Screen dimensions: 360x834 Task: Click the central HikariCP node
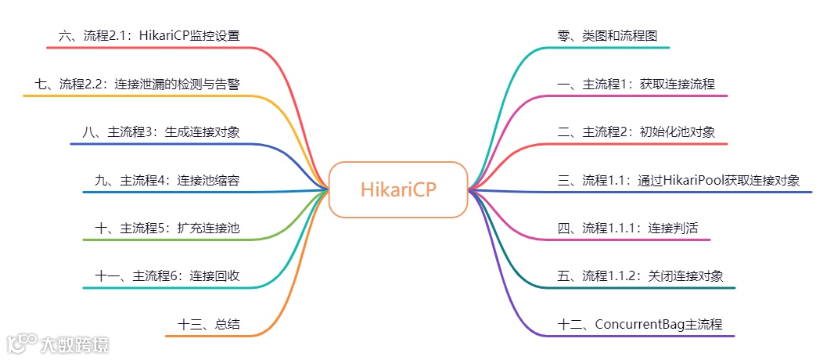397,189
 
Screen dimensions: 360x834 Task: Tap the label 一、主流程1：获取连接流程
635,85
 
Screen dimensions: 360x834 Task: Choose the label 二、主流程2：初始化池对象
635,132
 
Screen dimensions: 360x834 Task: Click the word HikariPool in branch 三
700,181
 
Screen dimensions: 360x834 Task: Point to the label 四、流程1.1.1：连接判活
627,229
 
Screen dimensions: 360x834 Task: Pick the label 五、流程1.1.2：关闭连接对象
639,276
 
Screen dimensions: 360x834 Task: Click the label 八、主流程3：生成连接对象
160,132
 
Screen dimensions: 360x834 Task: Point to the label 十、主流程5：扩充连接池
167,229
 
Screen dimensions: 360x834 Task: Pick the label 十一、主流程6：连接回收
167,276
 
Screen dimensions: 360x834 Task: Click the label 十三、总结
208,324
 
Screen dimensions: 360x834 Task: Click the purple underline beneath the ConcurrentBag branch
642,336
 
